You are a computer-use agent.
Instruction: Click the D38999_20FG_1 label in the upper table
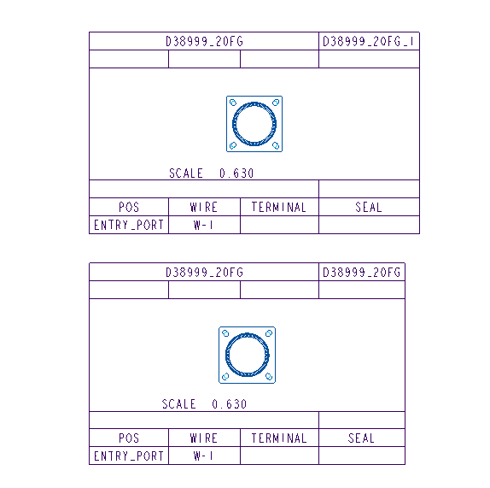(368, 41)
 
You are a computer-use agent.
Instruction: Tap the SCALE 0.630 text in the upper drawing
(211, 173)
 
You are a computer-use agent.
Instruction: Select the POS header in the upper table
(129, 207)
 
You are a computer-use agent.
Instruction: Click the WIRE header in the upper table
(204, 207)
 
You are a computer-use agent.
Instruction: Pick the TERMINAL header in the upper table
(279, 207)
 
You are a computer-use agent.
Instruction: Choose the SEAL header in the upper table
(369, 207)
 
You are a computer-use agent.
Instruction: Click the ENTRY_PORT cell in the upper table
(129, 225)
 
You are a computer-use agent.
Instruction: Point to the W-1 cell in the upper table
(203, 225)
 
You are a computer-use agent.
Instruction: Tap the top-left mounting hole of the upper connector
(233, 103)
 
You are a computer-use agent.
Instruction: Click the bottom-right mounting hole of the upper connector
(276, 145)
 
